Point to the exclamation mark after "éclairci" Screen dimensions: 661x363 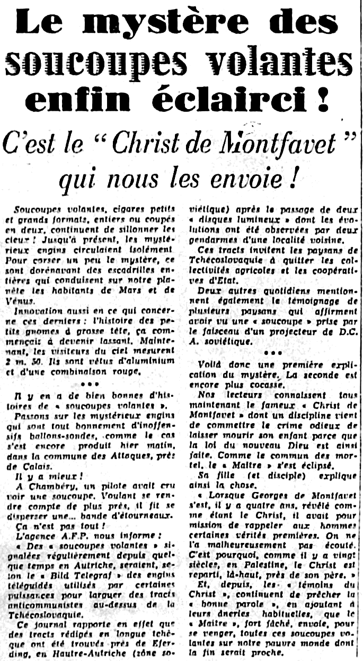point(322,101)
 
